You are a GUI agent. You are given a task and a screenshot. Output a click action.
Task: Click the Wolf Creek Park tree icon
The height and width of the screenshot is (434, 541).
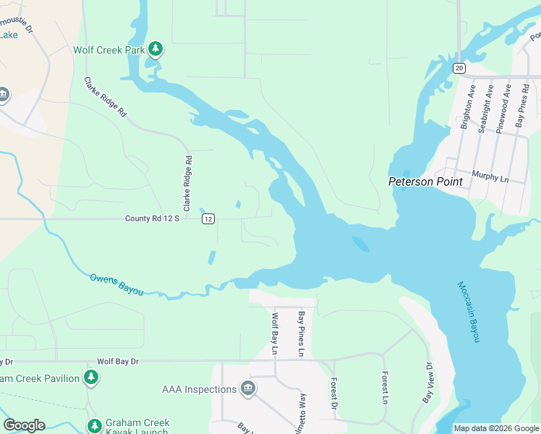tap(156, 49)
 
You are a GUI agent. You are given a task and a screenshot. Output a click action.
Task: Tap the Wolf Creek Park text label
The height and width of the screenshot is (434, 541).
tap(108, 50)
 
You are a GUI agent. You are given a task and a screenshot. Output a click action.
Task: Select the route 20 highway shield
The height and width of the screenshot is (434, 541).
tap(459, 67)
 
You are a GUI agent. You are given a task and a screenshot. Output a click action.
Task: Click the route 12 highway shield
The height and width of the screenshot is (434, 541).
tap(208, 218)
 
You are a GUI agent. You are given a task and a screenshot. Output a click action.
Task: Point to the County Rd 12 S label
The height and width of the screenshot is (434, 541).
tap(151, 218)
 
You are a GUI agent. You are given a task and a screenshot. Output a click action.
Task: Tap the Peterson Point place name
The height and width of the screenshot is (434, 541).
tap(425, 182)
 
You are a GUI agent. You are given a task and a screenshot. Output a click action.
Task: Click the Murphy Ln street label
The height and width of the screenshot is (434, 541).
tap(490, 174)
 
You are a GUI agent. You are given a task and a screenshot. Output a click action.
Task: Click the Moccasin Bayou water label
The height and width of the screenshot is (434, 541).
tap(469, 312)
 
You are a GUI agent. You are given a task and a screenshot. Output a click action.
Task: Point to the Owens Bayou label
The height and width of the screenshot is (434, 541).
tap(116, 284)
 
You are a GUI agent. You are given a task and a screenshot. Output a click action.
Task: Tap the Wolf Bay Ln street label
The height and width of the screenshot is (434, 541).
tap(274, 333)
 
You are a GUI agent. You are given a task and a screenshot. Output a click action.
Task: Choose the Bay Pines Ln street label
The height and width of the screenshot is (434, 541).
tap(302, 334)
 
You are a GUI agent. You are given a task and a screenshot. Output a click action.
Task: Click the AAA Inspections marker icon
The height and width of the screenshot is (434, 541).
tap(248, 389)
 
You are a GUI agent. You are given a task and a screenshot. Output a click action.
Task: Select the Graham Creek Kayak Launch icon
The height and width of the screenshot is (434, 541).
tap(94, 426)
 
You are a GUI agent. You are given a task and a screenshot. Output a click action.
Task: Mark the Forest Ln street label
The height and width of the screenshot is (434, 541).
tap(385, 388)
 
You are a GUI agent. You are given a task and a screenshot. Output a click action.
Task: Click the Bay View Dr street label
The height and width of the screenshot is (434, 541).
tap(427, 383)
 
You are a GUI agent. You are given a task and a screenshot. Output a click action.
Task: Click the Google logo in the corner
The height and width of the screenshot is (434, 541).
tap(24, 425)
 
